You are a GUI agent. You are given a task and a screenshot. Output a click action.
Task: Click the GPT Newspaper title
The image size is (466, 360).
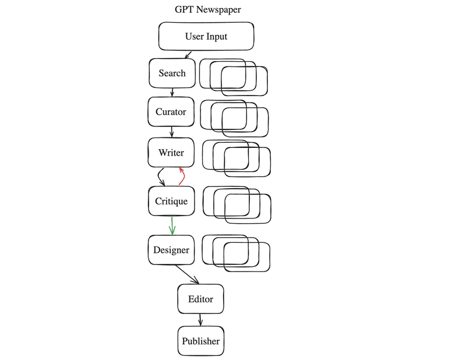(x=207, y=10)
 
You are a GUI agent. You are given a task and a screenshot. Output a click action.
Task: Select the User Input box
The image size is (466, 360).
(x=206, y=37)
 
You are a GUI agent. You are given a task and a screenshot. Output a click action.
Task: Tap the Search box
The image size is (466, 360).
(x=172, y=73)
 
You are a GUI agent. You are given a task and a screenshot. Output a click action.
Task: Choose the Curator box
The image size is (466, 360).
(x=171, y=112)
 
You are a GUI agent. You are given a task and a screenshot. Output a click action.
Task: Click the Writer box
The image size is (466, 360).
(x=171, y=153)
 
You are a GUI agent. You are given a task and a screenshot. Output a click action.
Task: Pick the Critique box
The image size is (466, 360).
(x=171, y=202)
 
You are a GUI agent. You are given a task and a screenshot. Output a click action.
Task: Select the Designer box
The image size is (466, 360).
(x=171, y=250)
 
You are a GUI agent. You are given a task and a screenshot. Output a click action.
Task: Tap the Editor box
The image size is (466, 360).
(x=200, y=299)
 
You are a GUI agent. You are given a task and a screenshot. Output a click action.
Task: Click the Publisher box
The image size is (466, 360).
(x=200, y=341)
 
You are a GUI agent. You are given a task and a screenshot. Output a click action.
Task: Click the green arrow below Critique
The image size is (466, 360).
(x=172, y=225)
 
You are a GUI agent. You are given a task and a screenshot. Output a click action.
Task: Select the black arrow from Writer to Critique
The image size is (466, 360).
(x=160, y=175)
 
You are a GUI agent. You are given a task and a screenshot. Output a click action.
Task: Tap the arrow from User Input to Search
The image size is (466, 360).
(x=189, y=55)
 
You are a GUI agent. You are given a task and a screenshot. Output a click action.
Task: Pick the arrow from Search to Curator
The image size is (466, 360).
(x=172, y=92)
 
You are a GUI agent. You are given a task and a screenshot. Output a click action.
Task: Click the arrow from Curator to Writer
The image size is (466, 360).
(x=172, y=132)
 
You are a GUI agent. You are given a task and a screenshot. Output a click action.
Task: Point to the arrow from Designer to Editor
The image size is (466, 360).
(x=188, y=275)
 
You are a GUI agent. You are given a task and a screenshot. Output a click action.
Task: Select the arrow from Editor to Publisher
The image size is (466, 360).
(x=200, y=320)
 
